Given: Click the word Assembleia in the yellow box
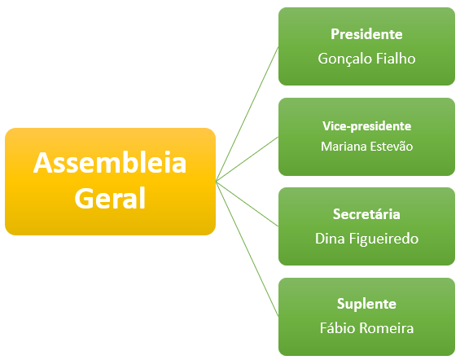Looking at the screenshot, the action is pyautogui.click(x=110, y=163).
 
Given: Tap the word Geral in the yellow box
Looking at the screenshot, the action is pyautogui.click(x=110, y=198).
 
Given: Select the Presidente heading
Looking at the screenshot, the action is pyautogui.click(x=366, y=34).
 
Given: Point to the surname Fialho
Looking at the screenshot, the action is pyautogui.click(x=396, y=59).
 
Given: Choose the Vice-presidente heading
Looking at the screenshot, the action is pyautogui.click(x=366, y=126).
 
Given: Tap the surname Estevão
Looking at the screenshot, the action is pyautogui.click(x=387, y=146).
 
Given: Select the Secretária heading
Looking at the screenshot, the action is pyautogui.click(x=366, y=214).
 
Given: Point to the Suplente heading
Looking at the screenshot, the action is pyautogui.click(x=366, y=304).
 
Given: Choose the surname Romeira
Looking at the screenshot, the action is pyautogui.click(x=387, y=328).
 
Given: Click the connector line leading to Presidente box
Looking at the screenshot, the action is pyautogui.click(x=247, y=114).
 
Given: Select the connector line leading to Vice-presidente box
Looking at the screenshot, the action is pyautogui.click(x=247, y=159).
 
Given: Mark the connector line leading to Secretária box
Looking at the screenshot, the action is pyautogui.click(x=247, y=204).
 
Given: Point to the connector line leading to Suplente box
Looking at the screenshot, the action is pyautogui.click(x=247, y=248).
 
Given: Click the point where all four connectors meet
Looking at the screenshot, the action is pyautogui.click(x=216, y=182).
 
